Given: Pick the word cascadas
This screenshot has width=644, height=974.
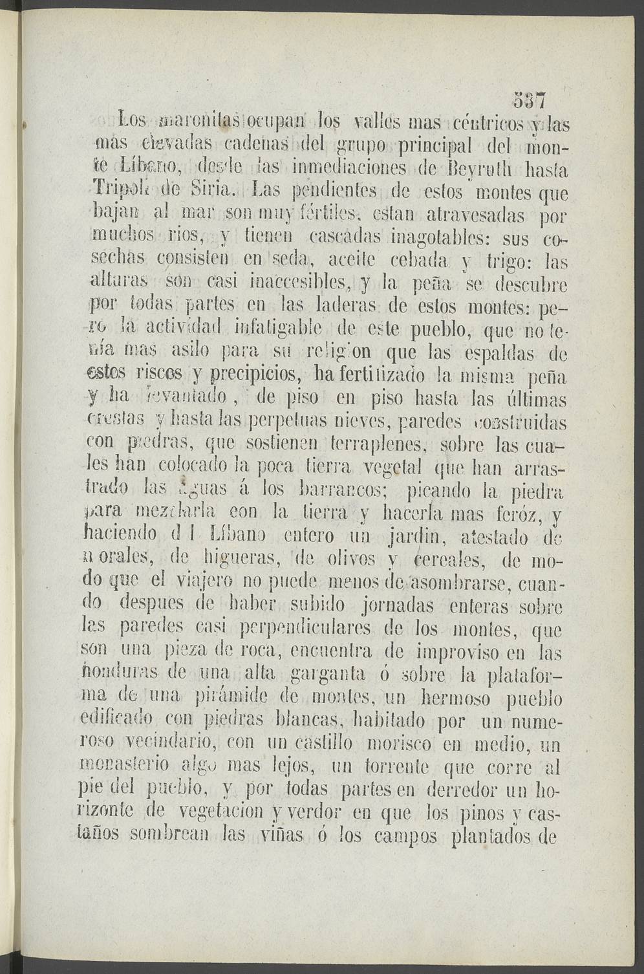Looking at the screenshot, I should [x=345, y=238].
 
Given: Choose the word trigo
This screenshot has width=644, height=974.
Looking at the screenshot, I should [x=509, y=262].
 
